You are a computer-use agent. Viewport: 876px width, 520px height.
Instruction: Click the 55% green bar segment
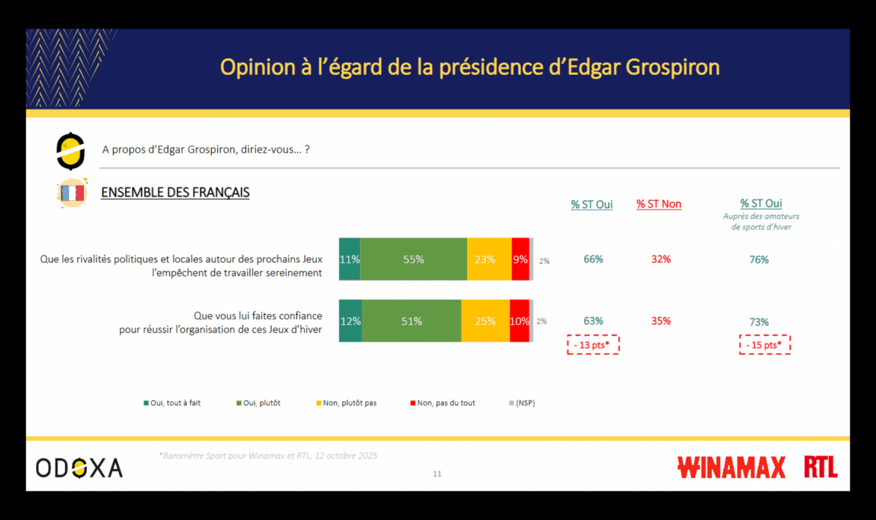(x=413, y=259)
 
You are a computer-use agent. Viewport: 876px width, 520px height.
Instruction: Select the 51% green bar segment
(x=411, y=321)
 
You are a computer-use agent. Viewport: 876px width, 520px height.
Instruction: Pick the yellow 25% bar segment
(x=485, y=321)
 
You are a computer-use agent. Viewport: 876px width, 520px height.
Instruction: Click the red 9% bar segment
(x=520, y=259)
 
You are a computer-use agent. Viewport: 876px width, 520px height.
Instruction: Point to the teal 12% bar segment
(x=350, y=321)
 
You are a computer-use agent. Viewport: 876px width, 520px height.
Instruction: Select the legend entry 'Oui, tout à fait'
(x=171, y=403)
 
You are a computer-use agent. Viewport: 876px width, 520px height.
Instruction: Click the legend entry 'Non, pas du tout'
(x=442, y=403)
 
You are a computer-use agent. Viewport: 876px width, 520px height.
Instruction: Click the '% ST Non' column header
(x=659, y=204)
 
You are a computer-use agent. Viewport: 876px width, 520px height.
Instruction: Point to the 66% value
(x=593, y=259)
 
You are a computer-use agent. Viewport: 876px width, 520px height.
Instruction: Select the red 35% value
(x=660, y=321)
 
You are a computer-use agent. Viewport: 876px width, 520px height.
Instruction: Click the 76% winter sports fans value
(x=759, y=259)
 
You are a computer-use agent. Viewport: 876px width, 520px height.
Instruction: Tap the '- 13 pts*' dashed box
(x=593, y=345)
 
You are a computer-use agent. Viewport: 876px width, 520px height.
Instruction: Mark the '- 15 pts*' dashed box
(x=764, y=345)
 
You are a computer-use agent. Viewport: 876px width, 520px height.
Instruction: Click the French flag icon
(x=72, y=193)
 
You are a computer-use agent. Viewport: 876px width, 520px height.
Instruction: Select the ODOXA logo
(x=79, y=468)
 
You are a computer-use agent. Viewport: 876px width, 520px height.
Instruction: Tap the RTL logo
(x=821, y=468)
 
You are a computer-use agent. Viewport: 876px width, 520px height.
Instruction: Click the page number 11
(x=437, y=474)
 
